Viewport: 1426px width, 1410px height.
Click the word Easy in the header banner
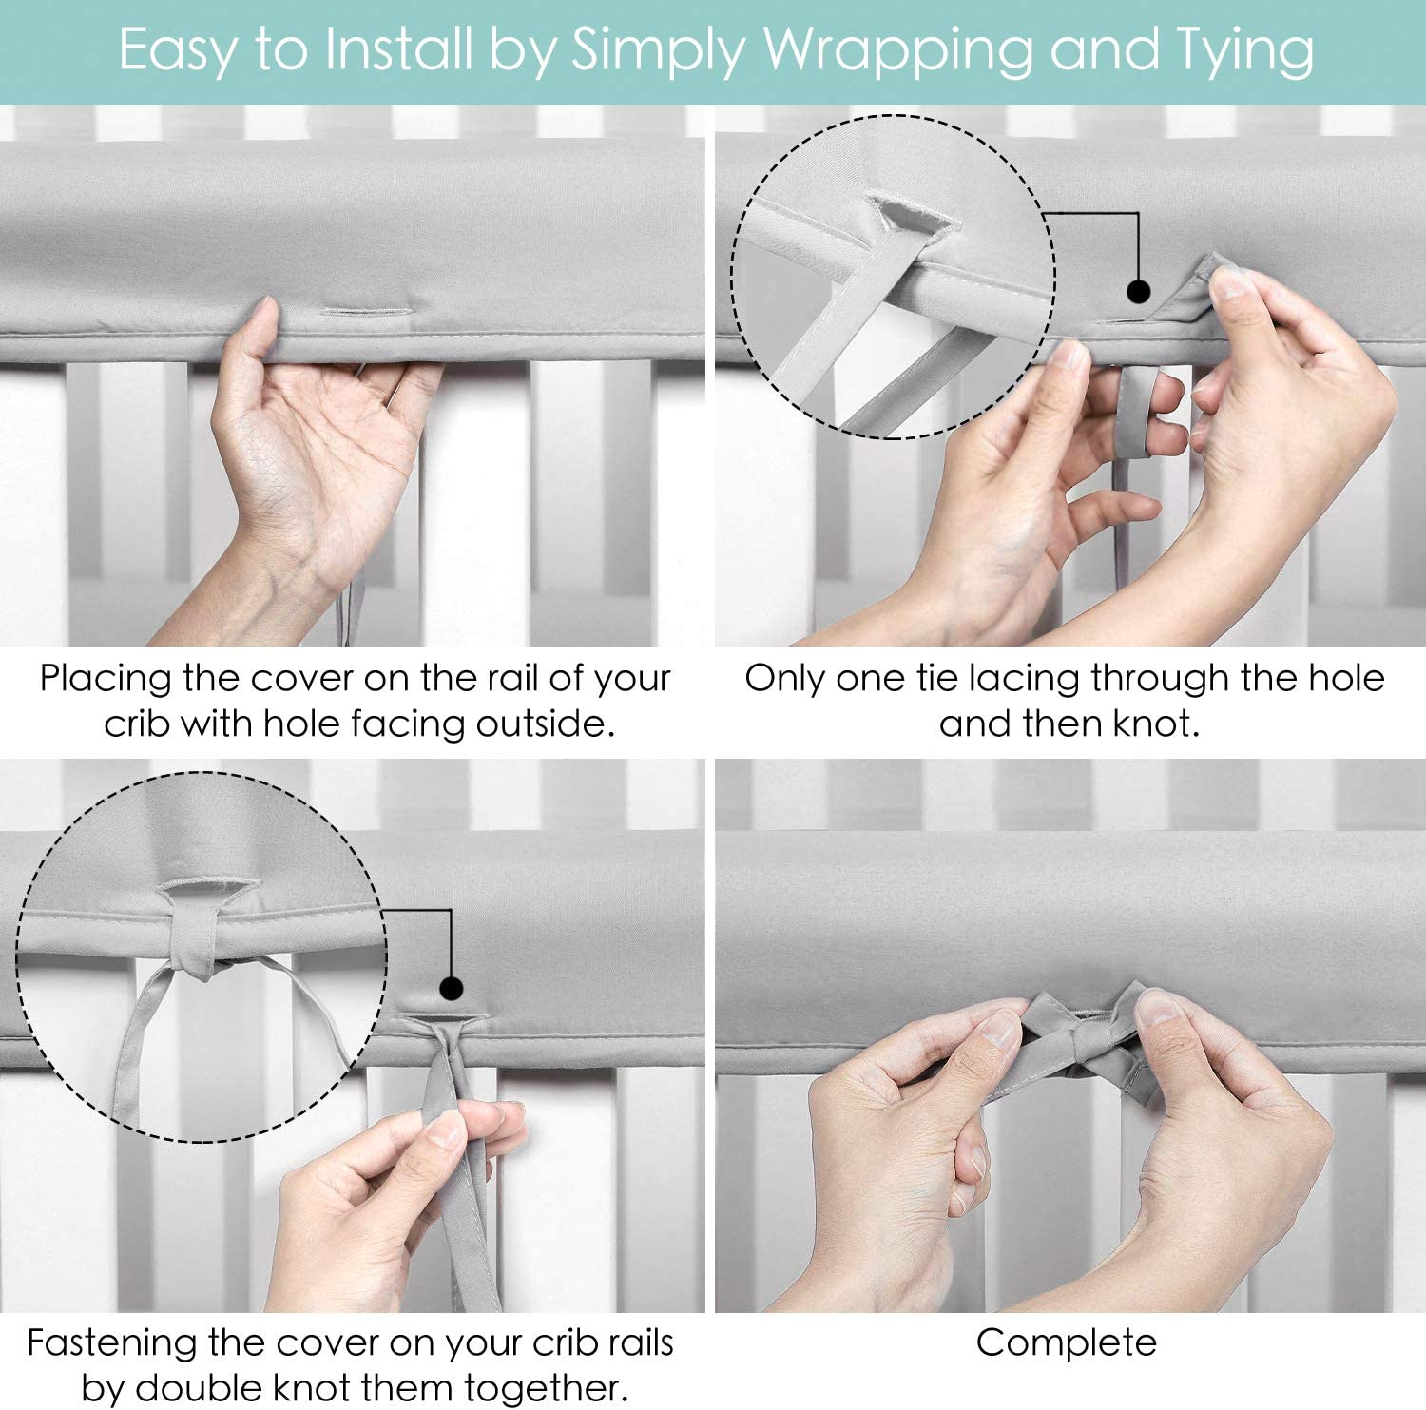[177, 50]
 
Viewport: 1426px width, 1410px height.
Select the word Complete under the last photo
[1066, 1342]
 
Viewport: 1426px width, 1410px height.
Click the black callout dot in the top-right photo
[1138, 291]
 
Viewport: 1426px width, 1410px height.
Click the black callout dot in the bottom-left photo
[452, 989]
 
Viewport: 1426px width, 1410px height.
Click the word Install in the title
[399, 50]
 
